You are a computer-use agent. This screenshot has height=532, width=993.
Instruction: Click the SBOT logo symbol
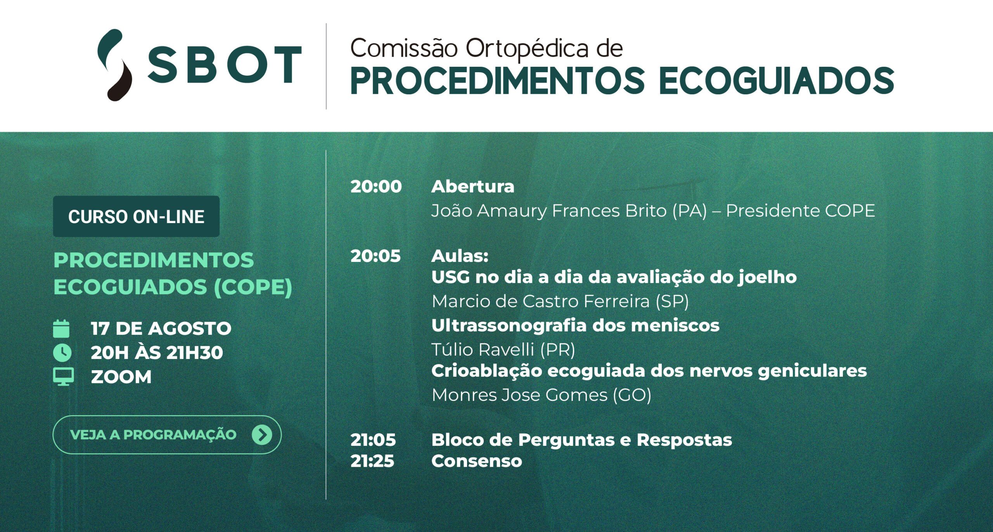(x=115, y=65)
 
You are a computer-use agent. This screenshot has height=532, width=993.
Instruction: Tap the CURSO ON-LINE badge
(x=136, y=216)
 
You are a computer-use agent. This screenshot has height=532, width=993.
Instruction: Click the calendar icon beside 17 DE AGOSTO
(x=61, y=329)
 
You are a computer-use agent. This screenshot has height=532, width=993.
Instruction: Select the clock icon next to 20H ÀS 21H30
(x=62, y=353)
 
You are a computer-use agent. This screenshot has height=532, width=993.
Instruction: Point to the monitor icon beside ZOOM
(x=63, y=377)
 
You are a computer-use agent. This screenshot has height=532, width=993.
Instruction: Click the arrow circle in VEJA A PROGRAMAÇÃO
(x=262, y=435)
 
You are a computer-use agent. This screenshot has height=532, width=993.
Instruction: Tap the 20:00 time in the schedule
(x=376, y=187)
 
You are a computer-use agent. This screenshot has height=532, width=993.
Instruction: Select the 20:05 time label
(x=375, y=256)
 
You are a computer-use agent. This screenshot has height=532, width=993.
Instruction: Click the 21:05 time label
(x=373, y=440)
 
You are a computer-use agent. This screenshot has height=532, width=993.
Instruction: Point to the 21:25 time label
(x=372, y=461)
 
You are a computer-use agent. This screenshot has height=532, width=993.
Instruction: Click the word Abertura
(x=473, y=187)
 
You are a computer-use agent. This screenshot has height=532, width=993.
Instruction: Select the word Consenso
(x=477, y=461)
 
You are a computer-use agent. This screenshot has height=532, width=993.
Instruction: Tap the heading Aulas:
(x=460, y=256)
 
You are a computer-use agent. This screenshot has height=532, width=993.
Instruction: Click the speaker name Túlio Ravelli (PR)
(x=503, y=350)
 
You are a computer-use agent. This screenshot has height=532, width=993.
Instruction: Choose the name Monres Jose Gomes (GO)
(x=541, y=395)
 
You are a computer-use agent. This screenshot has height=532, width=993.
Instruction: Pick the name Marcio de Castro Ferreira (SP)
(x=560, y=302)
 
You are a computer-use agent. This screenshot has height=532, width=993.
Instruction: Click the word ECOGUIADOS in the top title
(x=777, y=81)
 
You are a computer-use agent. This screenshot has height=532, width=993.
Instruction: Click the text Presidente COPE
(x=800, y=211)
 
